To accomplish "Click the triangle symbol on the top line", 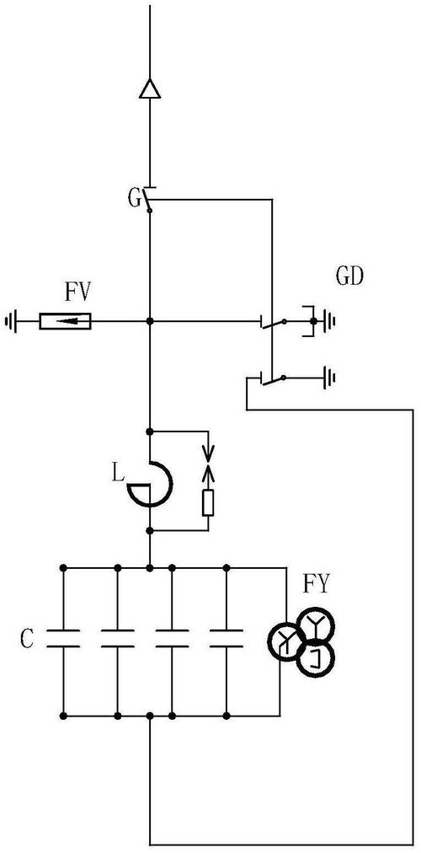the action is tap(149, 89).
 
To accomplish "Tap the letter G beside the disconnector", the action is tap(134, 198).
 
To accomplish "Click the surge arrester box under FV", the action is tap(65, 321).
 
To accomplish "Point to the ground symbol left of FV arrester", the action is tap(10, 321).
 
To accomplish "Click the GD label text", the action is tap(349, 277).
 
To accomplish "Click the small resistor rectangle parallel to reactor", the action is tap(208, 502).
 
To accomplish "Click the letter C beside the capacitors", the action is tap(27, 640).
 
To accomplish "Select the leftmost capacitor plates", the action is tap(63, 639).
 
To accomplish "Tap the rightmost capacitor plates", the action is tap(226, 639).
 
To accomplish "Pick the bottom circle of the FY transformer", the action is tap(316, 659).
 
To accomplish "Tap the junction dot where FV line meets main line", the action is tap(150, 321).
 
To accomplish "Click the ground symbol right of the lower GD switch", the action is tap(329, 377).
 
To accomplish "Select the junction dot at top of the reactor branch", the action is tap(150, 432).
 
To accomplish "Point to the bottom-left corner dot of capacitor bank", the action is tap(63, 716).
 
